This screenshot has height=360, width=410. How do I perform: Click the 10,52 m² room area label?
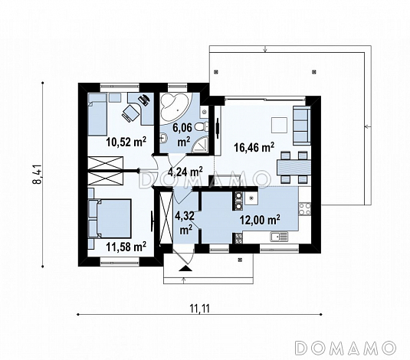coord(126,142)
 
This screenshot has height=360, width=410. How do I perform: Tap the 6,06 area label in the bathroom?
coord(182,128)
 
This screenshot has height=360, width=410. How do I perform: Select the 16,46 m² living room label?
coord(254,147)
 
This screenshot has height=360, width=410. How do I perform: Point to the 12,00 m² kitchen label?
coord(260,220)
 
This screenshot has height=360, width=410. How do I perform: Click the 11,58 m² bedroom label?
coord(126,247)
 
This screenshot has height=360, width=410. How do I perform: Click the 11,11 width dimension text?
coord(200,309)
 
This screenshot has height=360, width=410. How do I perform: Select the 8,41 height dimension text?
coord(38,175)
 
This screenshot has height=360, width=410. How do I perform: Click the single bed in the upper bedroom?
coord(97,114)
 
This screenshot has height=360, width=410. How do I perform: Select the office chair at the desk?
coord(130,113)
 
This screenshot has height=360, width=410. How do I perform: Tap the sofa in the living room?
coord(302,125)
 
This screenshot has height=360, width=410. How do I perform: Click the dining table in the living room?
coord(294,168)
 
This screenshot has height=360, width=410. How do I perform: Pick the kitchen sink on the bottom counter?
coord(279,237)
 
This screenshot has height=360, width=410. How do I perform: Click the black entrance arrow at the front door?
coord(185,268)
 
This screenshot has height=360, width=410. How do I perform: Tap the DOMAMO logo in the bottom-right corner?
coord(345,348)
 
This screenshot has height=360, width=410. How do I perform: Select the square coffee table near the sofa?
coord(280,125)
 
